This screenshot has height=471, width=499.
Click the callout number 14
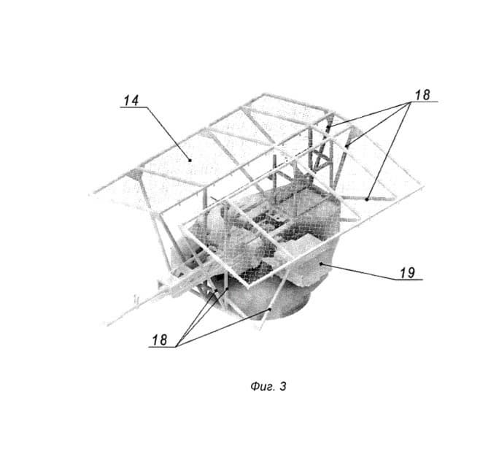[131, 101]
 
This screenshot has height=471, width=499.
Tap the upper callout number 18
[422, 94]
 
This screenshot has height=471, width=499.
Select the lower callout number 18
[160, 340]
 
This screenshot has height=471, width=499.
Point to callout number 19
[407, 272]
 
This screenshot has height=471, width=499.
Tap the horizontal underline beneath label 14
[133, 108]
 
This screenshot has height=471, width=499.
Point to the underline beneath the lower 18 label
[161, 347]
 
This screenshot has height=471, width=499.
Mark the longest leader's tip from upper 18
[367, 197]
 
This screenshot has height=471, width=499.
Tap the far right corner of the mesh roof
[425, 191]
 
